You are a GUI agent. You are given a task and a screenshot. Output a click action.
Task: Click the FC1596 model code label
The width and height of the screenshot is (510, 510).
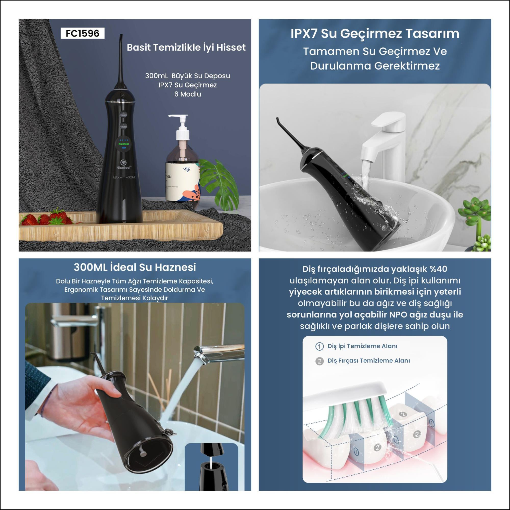pos(82,33)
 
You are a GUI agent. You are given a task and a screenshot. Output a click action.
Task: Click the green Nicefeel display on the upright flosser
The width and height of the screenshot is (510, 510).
pos(123,144)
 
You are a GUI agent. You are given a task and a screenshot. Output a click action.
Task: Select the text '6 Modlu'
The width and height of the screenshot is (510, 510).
pos(188,94)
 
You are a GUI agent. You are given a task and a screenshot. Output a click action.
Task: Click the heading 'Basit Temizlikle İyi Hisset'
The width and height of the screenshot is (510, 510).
pos(186,47)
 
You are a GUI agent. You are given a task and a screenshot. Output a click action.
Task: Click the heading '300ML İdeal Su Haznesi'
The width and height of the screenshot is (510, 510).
pos(135,267)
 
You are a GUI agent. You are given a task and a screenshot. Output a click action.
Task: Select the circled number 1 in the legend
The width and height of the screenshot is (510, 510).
pos(320,346)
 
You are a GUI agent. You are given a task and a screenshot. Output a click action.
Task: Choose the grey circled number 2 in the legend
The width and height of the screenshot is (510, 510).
pos(320,361)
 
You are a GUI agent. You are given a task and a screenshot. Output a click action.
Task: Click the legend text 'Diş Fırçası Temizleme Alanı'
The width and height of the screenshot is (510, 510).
pos(369,361)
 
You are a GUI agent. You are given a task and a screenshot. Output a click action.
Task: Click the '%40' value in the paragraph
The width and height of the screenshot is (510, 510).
pos(438,269)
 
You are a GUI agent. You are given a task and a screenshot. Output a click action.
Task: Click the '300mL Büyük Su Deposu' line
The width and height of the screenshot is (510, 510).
pos(187,76)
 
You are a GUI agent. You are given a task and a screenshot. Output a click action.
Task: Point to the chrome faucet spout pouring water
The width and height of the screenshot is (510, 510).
pos(218,351)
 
